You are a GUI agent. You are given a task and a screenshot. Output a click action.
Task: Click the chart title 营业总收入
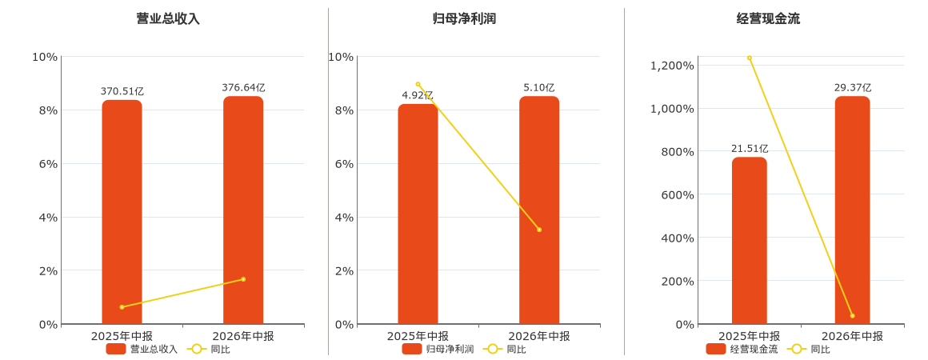coord(168,18)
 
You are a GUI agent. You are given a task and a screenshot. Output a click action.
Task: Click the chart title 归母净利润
coord(464,18)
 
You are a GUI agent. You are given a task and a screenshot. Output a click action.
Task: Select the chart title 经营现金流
coord(768,18)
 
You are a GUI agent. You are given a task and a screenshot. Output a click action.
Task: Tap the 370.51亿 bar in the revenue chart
coord(122,212)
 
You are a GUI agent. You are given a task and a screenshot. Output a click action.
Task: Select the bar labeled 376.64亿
coord(243,210)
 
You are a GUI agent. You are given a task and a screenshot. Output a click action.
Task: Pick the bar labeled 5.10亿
coord(539,210)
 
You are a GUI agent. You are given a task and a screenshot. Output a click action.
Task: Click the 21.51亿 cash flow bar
coord(750,240)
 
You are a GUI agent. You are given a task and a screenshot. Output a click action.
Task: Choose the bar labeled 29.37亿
coord(852,210)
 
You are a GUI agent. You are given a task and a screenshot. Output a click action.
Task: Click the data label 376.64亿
coord(243,88)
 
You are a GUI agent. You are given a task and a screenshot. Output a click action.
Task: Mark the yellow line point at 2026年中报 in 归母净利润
coord(539,230)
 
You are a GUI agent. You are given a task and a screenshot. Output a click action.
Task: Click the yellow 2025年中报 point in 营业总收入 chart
coord(122,307)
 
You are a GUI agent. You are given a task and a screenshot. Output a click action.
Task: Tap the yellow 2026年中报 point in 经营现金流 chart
coord(852,316)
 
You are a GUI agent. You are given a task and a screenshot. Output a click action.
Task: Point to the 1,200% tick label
coord(672,65)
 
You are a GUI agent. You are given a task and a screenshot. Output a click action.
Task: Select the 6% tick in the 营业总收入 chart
coord(47,163)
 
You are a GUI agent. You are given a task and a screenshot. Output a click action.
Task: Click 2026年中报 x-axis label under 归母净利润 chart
coord(539,336)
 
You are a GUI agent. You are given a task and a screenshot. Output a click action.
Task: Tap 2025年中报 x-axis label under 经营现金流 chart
coord(750,336)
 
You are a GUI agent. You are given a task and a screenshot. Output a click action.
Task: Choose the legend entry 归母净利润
coord(438,349)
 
